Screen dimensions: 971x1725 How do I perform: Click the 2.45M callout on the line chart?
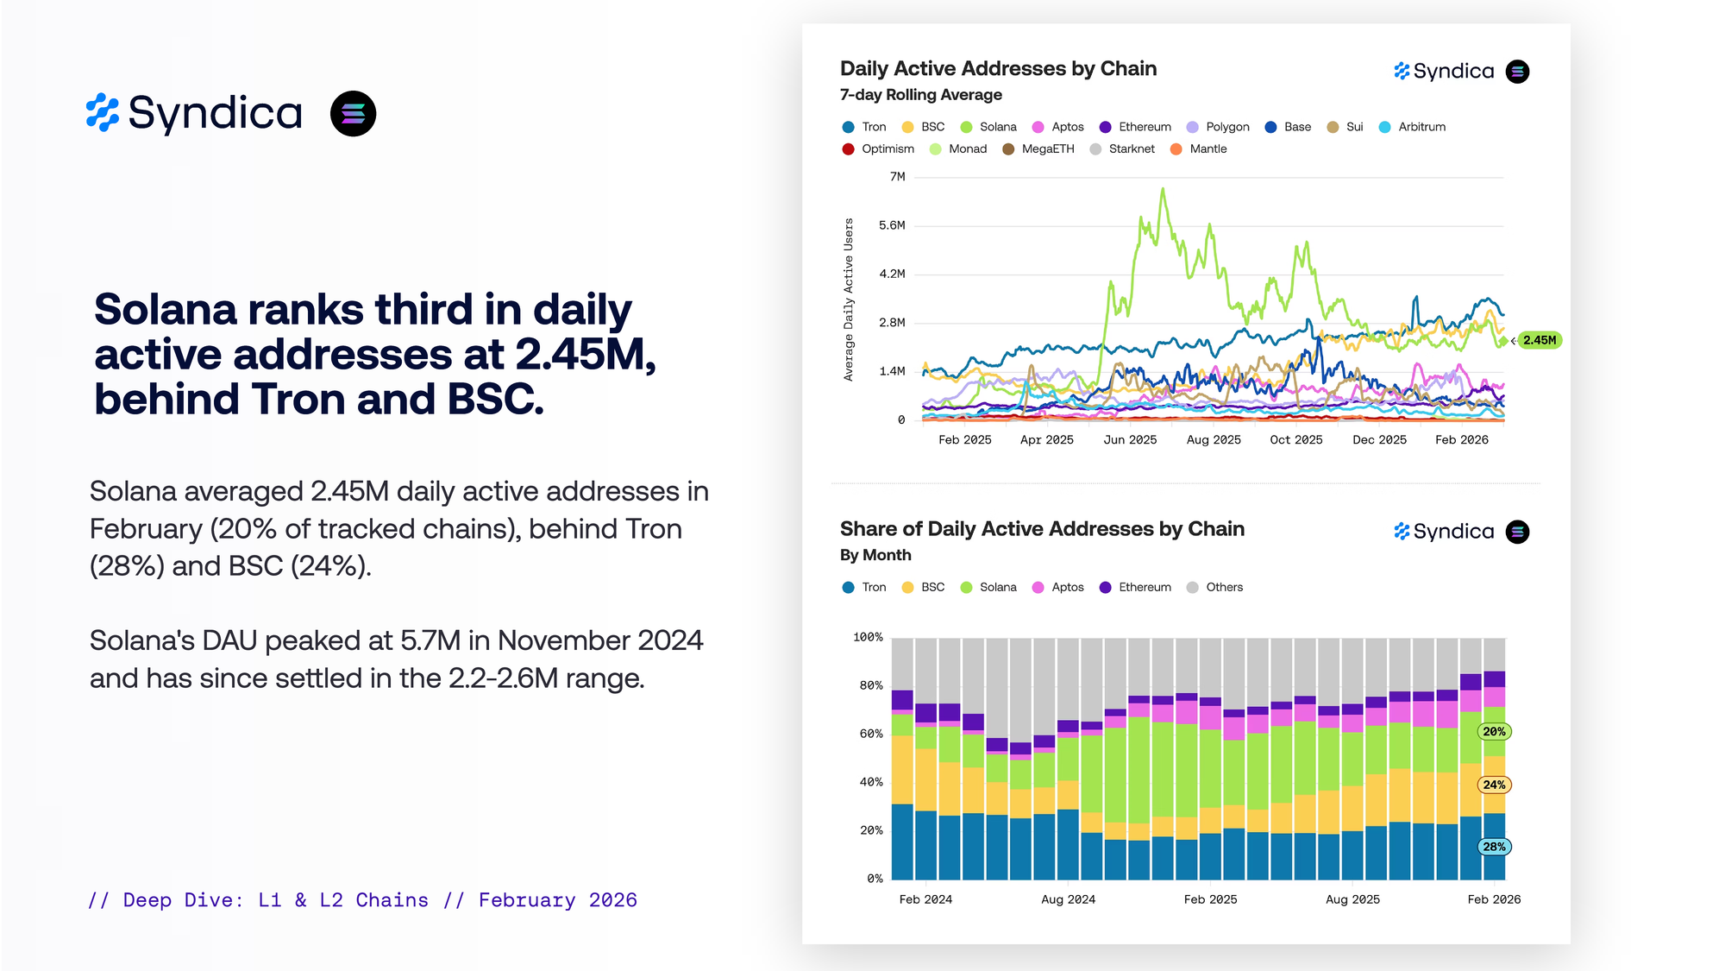[x=1540, y=340]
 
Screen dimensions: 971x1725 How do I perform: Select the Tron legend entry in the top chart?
[x=864, y=127]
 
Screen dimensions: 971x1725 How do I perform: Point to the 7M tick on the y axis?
[x=897, y=177]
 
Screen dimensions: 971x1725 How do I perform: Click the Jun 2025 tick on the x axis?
[x=1130, y=440]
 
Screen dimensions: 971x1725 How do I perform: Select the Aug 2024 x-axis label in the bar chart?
[x=1068, y=899]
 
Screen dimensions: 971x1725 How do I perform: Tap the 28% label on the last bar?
[x=1495, y=847]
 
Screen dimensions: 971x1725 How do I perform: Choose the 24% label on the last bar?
[x=1495, y=785]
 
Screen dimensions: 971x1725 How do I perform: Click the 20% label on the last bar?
[x=1495, y=732]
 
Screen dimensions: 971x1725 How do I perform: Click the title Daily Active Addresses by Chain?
[x=998, y=68]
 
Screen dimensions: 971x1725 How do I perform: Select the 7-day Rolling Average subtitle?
[x=920, y=95]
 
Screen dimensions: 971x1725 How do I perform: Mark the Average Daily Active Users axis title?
[x=849, y=299]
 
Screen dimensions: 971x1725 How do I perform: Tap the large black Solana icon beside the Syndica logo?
[x=353, y=114]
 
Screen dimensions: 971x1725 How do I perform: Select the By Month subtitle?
[x=875, y=555]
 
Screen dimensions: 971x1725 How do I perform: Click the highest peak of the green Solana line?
[x=1163, y=189]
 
